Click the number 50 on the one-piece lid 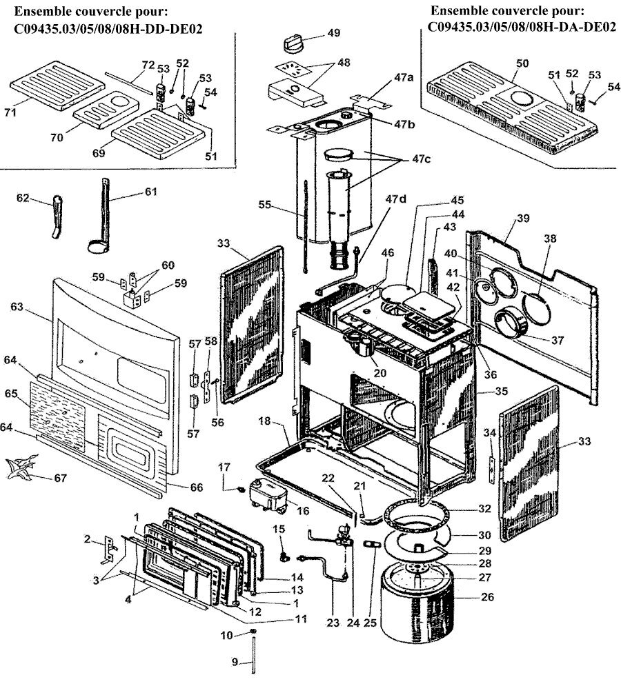(x=522, y=63)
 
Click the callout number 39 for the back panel (x=522, y=218)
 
